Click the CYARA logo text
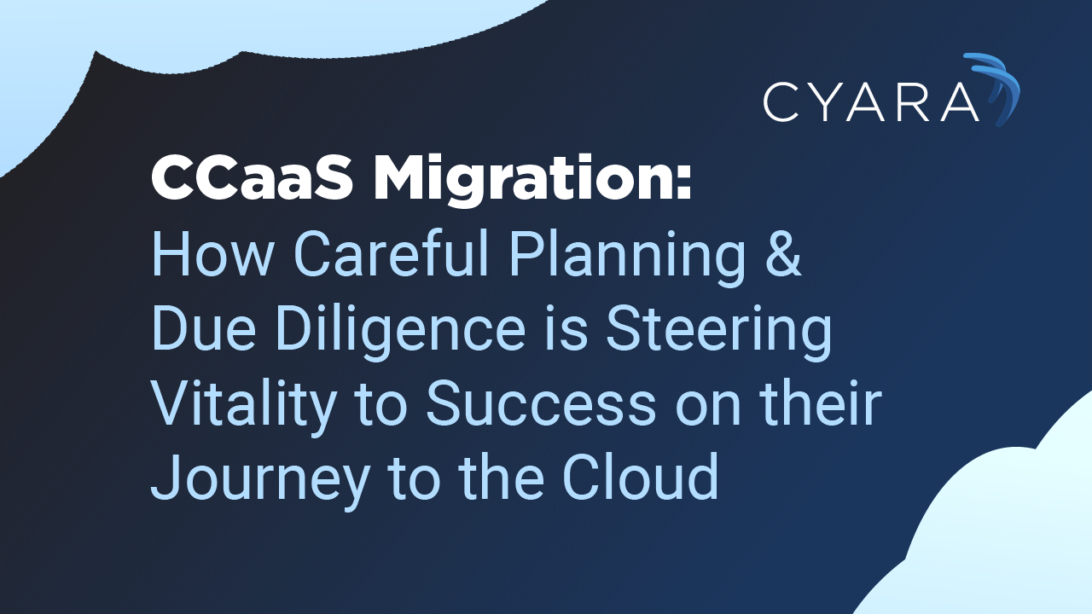pyautogui.click(x=871, y=101)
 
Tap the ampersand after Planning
pyautogui.click(x=783, y=253)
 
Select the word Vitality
pyautogui.click(x=244, y=406)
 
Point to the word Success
pyautogui.click(x=541, y=404)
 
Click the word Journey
pyautogui.click(x=259, y=480)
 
